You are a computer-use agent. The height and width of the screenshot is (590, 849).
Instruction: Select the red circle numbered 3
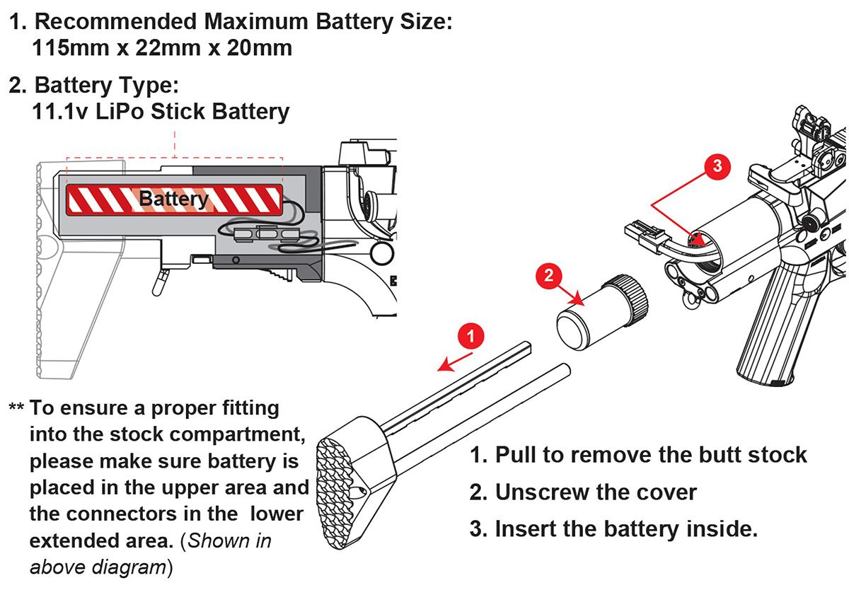click(x=716, y=166)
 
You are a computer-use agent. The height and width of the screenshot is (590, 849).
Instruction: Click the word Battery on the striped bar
click(x=173, y=199)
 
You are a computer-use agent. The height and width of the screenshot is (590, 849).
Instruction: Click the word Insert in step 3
click(x=525, y=528)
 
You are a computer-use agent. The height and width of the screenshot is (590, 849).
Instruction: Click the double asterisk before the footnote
click(x=17, y=409)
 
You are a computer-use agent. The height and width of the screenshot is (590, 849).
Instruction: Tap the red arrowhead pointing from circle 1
click(x=443, y=365)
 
